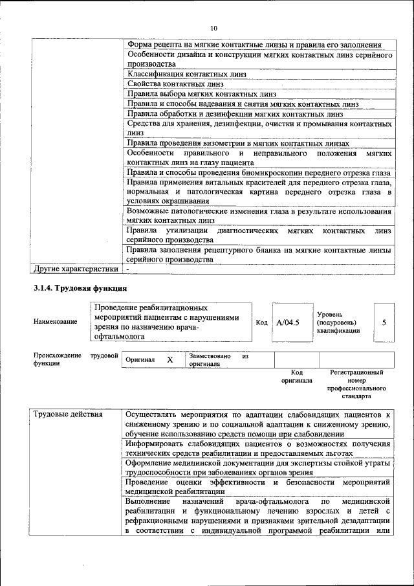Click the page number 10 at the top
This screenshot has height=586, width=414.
click(x=214, y=27)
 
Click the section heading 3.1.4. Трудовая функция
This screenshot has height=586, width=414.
click(x=80, y=287)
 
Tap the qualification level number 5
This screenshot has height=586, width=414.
click(x=384, y=321)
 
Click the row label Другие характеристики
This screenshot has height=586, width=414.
click(x=76, y=268)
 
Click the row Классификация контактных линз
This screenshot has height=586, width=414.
click(x=186, y=74)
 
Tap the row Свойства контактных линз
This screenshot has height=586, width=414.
click(x=175, y=84)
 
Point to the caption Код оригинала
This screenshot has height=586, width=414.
click(x=297, y=377)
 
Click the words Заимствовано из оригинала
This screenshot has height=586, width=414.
click(x=219, y=360)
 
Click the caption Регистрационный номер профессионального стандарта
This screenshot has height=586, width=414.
click(x=357, y=383)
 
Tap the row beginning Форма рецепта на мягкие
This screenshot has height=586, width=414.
click(x=254, y=45)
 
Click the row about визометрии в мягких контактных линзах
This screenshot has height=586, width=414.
click(x=238, y=143)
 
